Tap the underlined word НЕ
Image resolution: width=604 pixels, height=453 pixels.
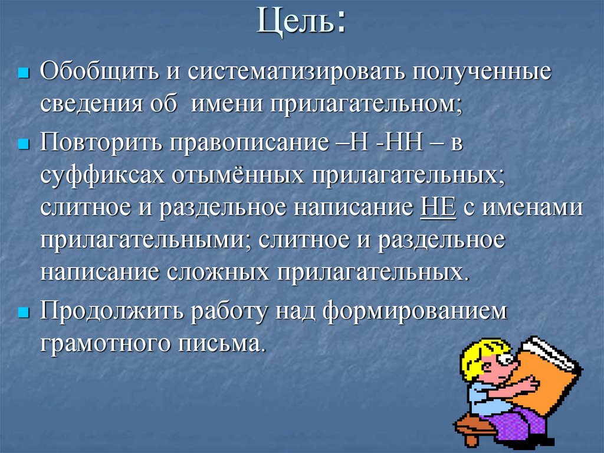click(x=438, y=209)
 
